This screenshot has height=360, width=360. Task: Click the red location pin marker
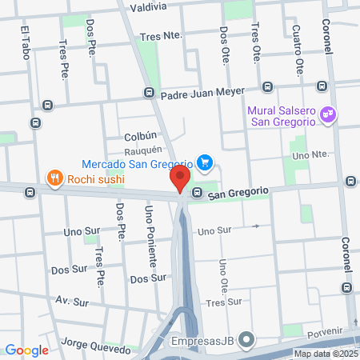[x=182, y=179]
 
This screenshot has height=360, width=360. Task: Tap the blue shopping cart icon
[x=206, y=163]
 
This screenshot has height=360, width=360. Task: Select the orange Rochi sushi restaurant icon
[x=54, y=178]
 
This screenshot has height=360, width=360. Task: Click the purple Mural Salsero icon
[x=327, y=115]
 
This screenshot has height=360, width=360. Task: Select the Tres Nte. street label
[x=161, y=36]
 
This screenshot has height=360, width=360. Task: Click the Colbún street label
[x=140, y=136]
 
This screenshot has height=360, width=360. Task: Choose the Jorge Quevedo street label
[x=95, y=349]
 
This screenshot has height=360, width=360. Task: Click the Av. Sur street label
[x=72, y=302]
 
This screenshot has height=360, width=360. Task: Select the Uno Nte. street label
[x=310, y=154]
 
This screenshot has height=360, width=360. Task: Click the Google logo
[x=26, y=350]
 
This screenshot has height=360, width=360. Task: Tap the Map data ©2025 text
[x=326, y=354]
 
